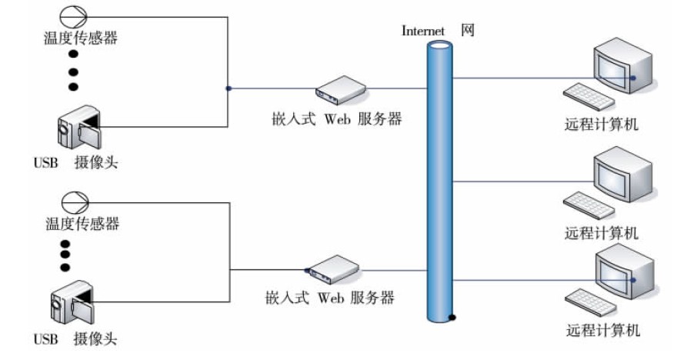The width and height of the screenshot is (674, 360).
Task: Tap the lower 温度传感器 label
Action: (x=82, y=224)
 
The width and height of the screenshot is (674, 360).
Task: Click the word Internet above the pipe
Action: (x=424, y=31)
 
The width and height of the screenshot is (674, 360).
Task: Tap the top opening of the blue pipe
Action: (x=440, y=45)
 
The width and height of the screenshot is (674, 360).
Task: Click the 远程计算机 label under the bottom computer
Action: (x=603, y=331)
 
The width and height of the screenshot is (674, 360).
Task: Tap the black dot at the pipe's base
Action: (x=455, y=317)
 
